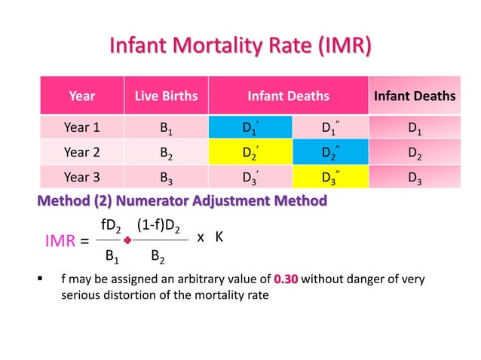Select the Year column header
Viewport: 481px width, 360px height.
(81, 96)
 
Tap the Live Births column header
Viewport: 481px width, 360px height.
(166, 96)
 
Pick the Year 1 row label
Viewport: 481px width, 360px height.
(81, 127)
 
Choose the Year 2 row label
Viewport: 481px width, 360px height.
(81, 153)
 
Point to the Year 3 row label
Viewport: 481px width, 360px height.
(81, 178)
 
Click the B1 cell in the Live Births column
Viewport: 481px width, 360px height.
(166, 127)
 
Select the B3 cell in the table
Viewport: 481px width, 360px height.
(166, 178)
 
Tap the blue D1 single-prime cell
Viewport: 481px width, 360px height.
(250, 127)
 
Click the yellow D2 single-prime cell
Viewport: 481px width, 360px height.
(250, 153)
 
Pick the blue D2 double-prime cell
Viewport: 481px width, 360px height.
(330, 153)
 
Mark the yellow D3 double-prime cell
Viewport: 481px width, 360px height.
(330, 178)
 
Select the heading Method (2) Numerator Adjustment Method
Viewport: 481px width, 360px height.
(182, 201)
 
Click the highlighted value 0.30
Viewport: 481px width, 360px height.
(286, 279)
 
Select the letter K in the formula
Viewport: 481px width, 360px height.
(219, 236)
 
